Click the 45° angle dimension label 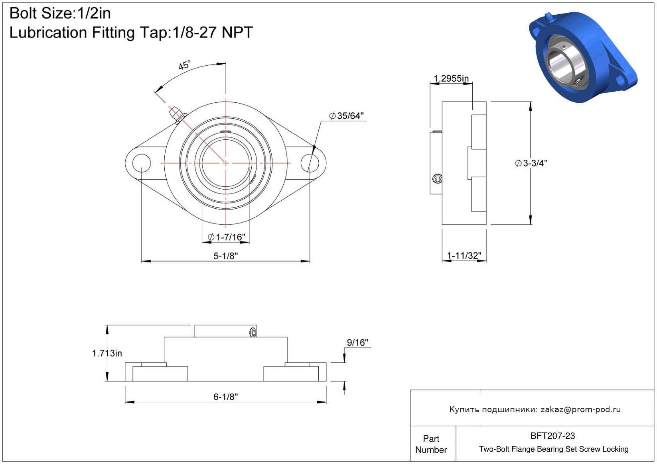(x=184, y=65)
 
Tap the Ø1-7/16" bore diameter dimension (x=226, y=237)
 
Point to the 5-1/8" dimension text (x=225, y=256)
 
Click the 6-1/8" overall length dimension (x=225, y=397)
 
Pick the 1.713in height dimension (x=107, y=353)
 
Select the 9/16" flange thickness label (x=357, y=342)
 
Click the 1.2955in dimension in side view (x=451, y=78)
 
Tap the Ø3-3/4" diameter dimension (x=531, y=163)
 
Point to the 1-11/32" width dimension (x=464, y=255)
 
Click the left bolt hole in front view (x=142, y=163)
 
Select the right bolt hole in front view (x=310, y=163)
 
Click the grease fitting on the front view (x=177, y=115)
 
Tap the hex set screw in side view (x=437, y=178)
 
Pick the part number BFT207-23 (x=552, y=436)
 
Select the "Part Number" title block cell (x=431, y=444)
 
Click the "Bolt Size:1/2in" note (x=60, y=13)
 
